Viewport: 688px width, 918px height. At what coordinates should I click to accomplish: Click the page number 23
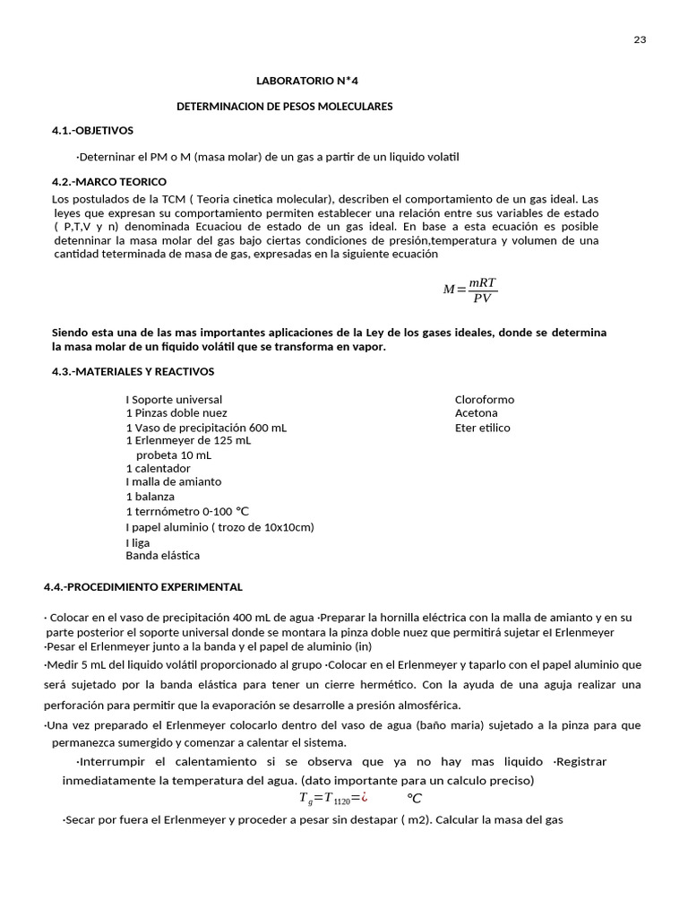tap(640, 39)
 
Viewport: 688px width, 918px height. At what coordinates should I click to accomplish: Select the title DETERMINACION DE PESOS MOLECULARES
tap(284, 107)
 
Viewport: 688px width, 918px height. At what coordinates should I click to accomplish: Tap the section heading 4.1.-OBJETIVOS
tap(92, 131)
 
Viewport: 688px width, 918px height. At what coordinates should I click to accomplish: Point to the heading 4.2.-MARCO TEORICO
tap(109, 182)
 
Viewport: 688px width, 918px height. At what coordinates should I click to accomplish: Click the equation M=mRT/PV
tap(470, 290)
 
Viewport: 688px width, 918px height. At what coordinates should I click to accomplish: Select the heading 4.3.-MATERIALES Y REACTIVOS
tap(133, 371)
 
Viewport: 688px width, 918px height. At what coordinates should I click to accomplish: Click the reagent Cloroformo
tap(485, 400)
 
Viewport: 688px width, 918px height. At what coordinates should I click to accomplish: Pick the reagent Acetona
tap(477, 413)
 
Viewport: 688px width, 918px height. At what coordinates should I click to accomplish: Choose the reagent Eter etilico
tap(482, 428)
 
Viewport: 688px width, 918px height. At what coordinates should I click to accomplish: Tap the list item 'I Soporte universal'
tap(174, 400)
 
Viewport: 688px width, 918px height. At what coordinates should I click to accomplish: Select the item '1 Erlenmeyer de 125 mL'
tap(188, 441)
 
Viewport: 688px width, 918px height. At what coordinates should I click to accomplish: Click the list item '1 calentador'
tap(158, 469)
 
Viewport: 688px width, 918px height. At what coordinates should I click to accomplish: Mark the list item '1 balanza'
tap(150, 497)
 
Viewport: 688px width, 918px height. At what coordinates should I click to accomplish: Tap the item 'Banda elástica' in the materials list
tap(162, 556)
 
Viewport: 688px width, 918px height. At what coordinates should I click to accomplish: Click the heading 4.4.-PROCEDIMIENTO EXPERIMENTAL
tap(142, 587)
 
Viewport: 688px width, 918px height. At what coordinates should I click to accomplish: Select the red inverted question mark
tap(365, 797)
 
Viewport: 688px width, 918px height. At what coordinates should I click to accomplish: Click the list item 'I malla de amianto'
tap(173, 482)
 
